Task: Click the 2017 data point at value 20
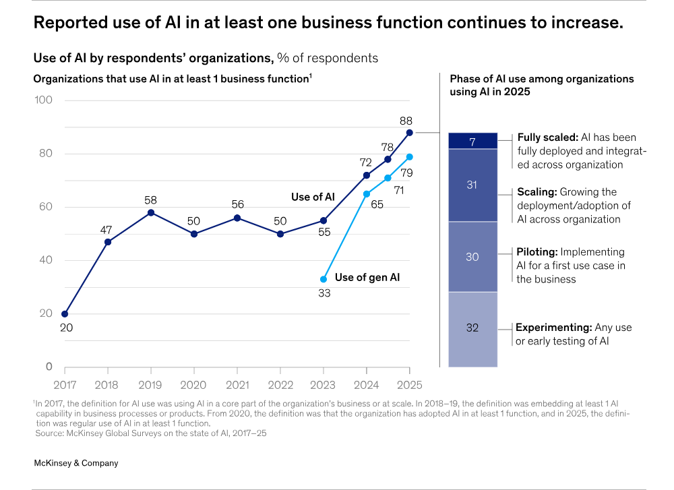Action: click(65, 314)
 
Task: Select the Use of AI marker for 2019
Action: click(151, 213)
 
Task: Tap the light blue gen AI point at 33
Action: click(324, 279)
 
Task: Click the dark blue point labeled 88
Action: click(410, 133)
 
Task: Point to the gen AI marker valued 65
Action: click(367, 194)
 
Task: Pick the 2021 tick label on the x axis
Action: click(237, 385)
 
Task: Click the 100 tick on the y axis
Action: click(44, 100)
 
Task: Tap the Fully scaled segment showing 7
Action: click(472, 142)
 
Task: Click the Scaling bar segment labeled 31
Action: click(472, 185)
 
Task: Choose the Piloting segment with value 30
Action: click(472, 257)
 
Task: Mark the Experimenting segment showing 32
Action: click(472, 329)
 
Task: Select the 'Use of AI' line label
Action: click(313, 197)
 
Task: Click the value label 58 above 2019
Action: click(151, 200)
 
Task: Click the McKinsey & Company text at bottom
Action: click(75, 463)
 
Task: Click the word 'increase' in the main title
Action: click(585, 23)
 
